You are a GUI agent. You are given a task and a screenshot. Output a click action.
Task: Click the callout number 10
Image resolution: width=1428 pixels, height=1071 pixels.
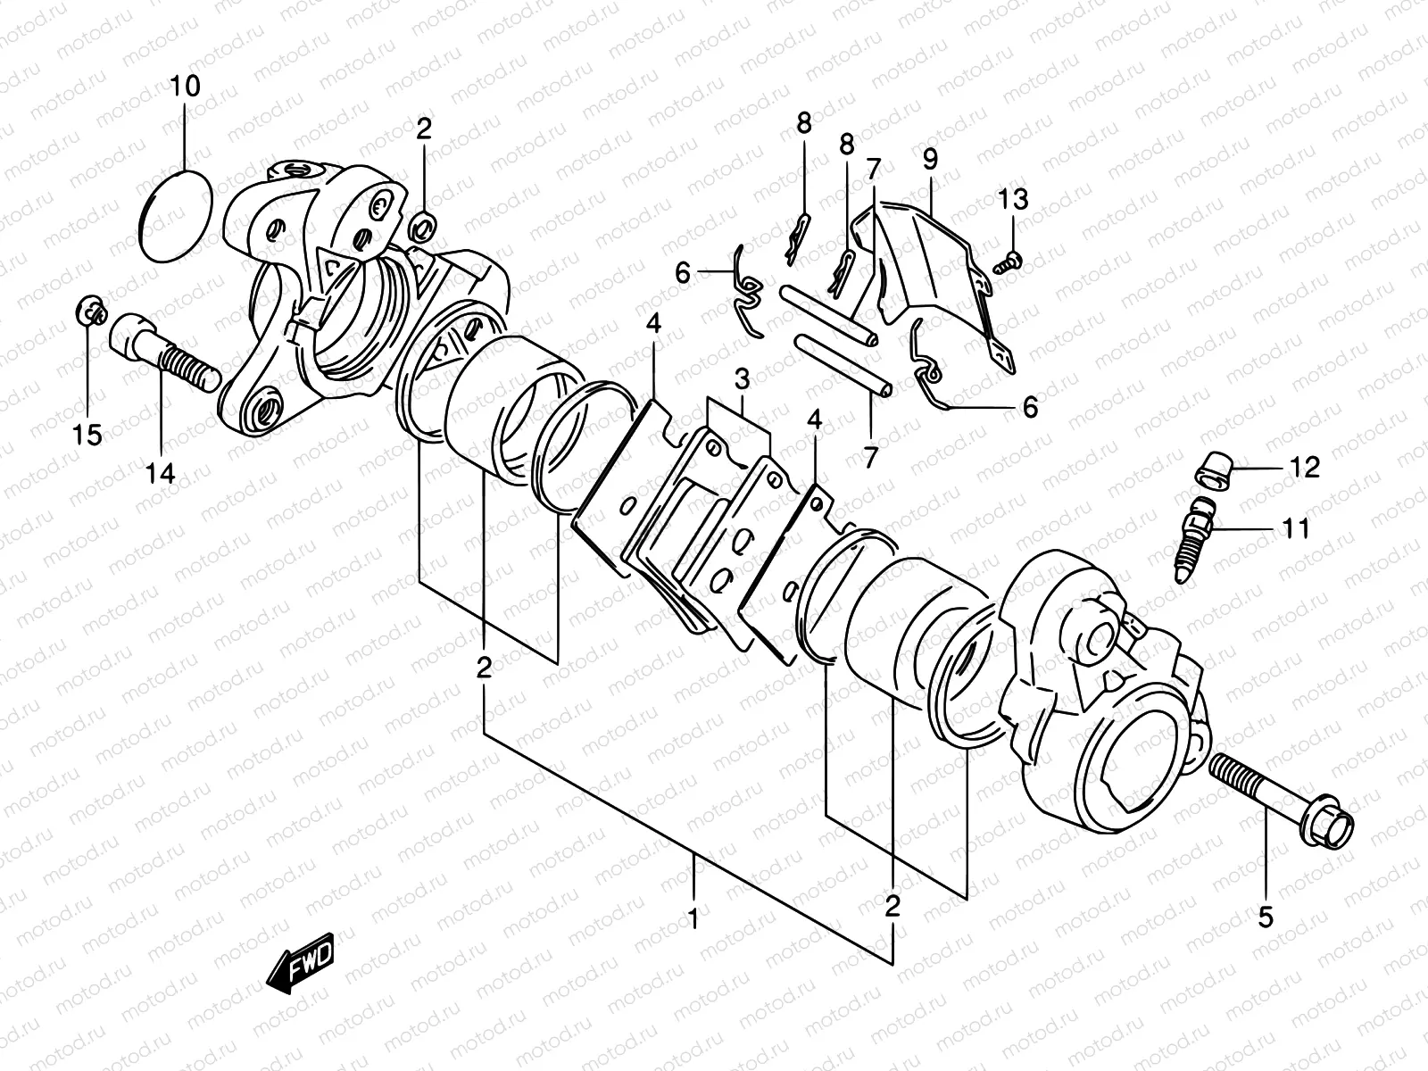click(x=187, y=87)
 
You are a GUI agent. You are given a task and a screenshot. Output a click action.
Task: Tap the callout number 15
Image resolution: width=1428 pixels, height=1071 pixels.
click(x=87, y=436)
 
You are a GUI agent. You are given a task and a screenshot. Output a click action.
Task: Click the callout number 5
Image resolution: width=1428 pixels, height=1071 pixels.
click(x=1266, y=917)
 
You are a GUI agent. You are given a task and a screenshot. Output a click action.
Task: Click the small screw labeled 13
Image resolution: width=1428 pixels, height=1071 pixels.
click(x=1009, y=260)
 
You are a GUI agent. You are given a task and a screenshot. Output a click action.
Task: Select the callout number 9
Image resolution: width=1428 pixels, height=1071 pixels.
click(x=930, y=161)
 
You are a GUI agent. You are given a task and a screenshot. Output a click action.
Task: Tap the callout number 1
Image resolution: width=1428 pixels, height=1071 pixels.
click(x=694, y=917)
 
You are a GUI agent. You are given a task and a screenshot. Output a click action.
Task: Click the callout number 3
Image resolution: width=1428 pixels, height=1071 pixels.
click(x=742, y=378)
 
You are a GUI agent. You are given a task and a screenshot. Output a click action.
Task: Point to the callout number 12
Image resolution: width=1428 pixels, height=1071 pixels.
click(x=1304, y=467)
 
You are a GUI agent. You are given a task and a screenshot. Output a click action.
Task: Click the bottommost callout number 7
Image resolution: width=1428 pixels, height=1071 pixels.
click(x=870, y=458)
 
